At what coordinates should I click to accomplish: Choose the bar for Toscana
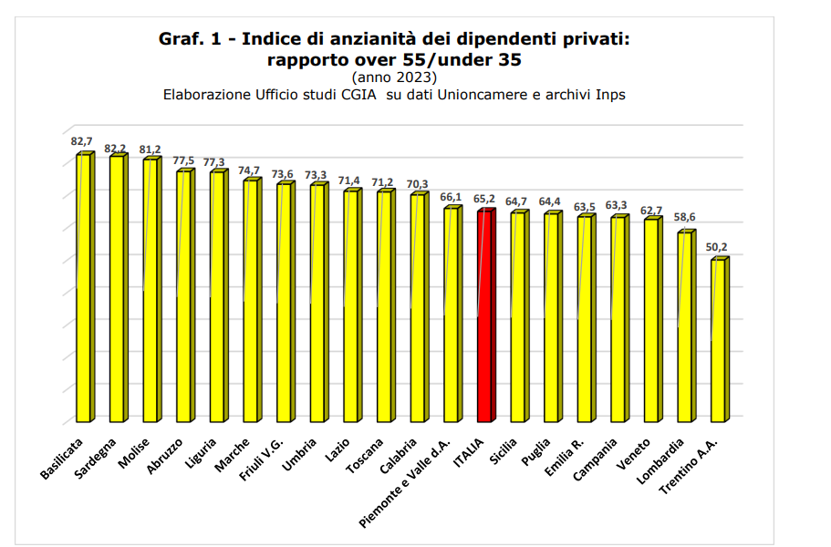[x=385, y=306]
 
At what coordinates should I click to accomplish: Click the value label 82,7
[x=82, y=141]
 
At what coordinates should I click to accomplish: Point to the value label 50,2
[x=719, y=247]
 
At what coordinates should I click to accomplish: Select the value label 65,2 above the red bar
[x=484, y=198]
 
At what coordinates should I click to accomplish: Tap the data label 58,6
[x=685, y=217]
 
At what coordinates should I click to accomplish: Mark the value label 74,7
[x=249, y=170]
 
